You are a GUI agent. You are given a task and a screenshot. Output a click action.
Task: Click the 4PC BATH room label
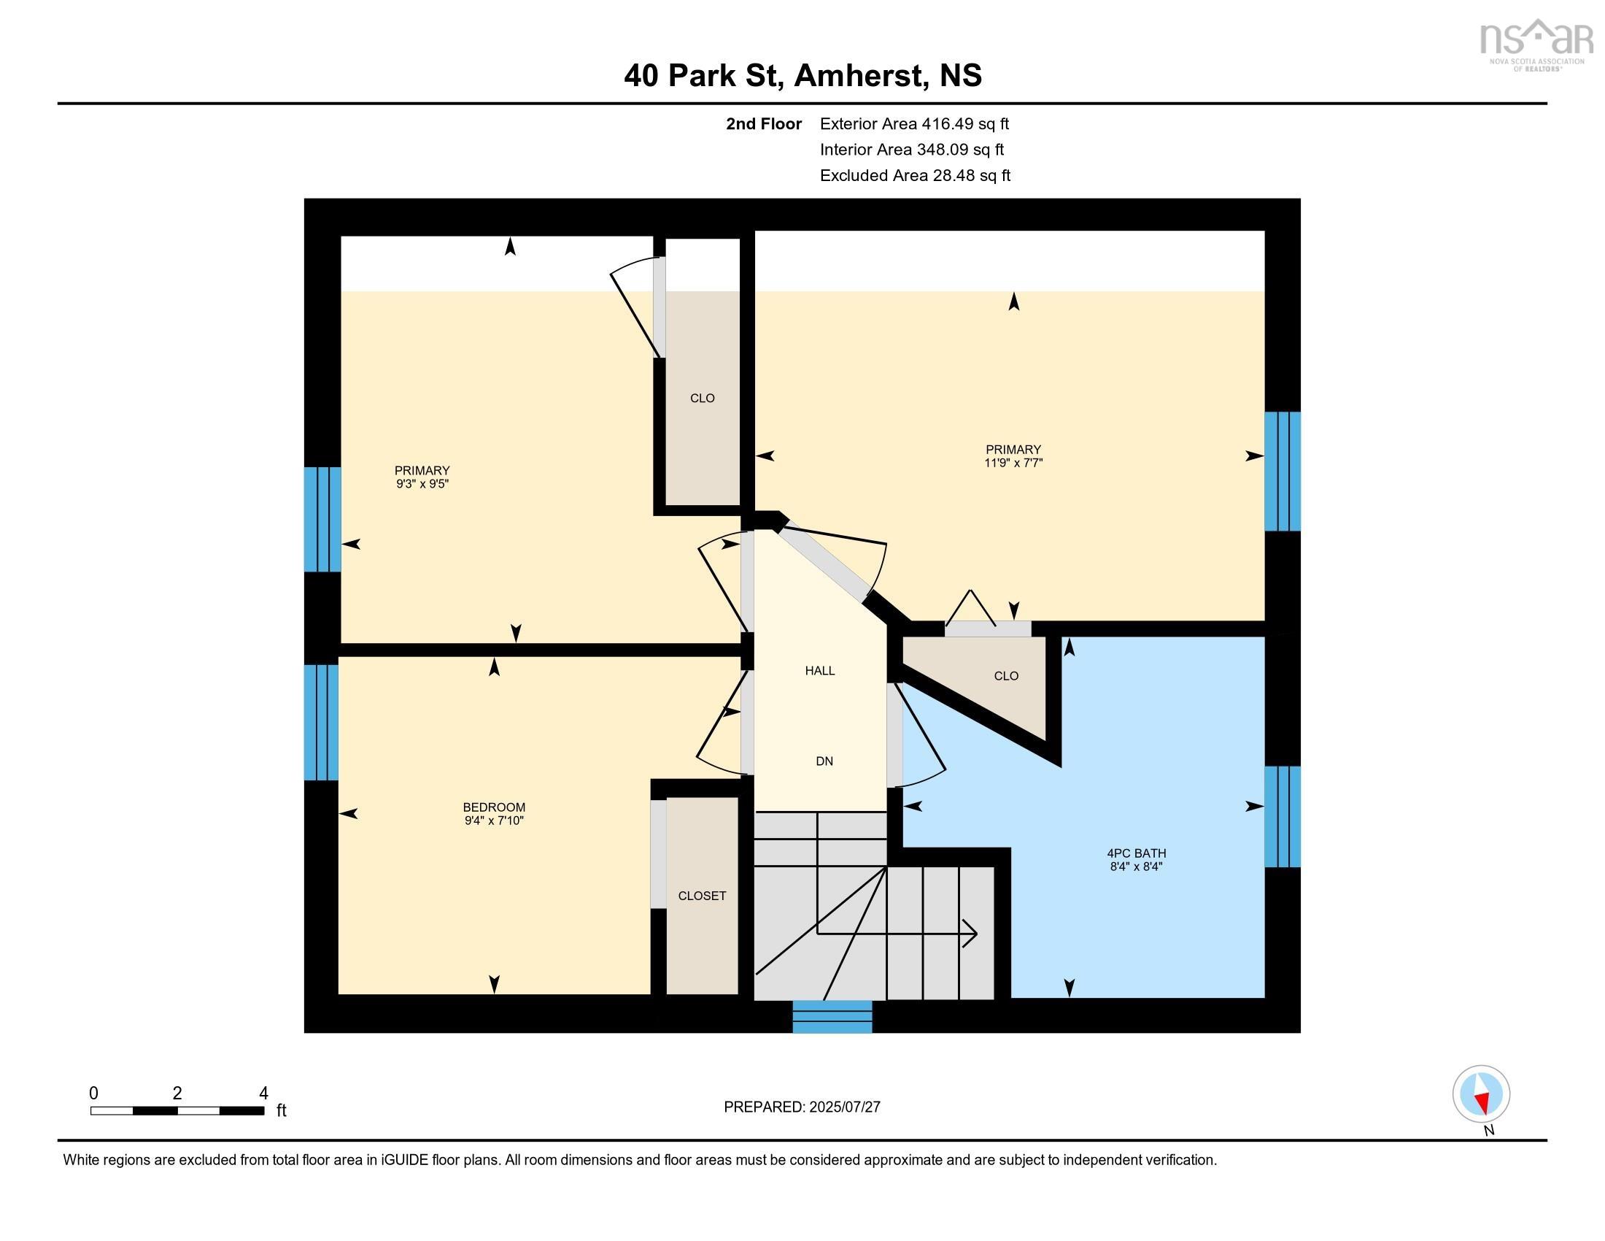pos(1136,853)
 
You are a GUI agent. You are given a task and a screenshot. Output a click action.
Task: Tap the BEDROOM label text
pos(494,807)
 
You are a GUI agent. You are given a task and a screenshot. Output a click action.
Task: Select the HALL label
pos(819,670)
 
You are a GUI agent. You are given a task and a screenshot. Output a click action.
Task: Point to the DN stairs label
pos(824,761)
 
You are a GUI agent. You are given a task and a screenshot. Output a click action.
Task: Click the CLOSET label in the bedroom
pos(702,896)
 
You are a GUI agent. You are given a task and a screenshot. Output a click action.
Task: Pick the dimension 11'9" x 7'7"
pos(1013,463)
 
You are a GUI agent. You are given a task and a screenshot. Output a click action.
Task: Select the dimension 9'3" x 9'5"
pos(422,484)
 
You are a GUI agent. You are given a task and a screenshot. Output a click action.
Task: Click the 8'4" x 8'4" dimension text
pos(1136,867)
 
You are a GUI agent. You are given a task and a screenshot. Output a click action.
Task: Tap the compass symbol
pos(1481,1094)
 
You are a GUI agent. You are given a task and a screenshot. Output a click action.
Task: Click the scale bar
pos(177,1110)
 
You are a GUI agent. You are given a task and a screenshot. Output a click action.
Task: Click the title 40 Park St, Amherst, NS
pos(802,75)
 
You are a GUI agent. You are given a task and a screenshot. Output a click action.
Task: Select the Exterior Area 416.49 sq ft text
pos(914,123)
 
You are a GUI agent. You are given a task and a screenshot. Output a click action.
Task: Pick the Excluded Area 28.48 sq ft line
pos(915,175)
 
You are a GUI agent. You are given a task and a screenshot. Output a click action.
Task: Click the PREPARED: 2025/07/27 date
pos(802,1107)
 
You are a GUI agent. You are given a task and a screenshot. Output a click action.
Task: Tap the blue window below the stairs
pos(832,1016)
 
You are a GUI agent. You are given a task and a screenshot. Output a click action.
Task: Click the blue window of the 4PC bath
pos(1282,816)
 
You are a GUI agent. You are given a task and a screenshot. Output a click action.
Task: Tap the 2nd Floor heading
pos(764,123)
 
